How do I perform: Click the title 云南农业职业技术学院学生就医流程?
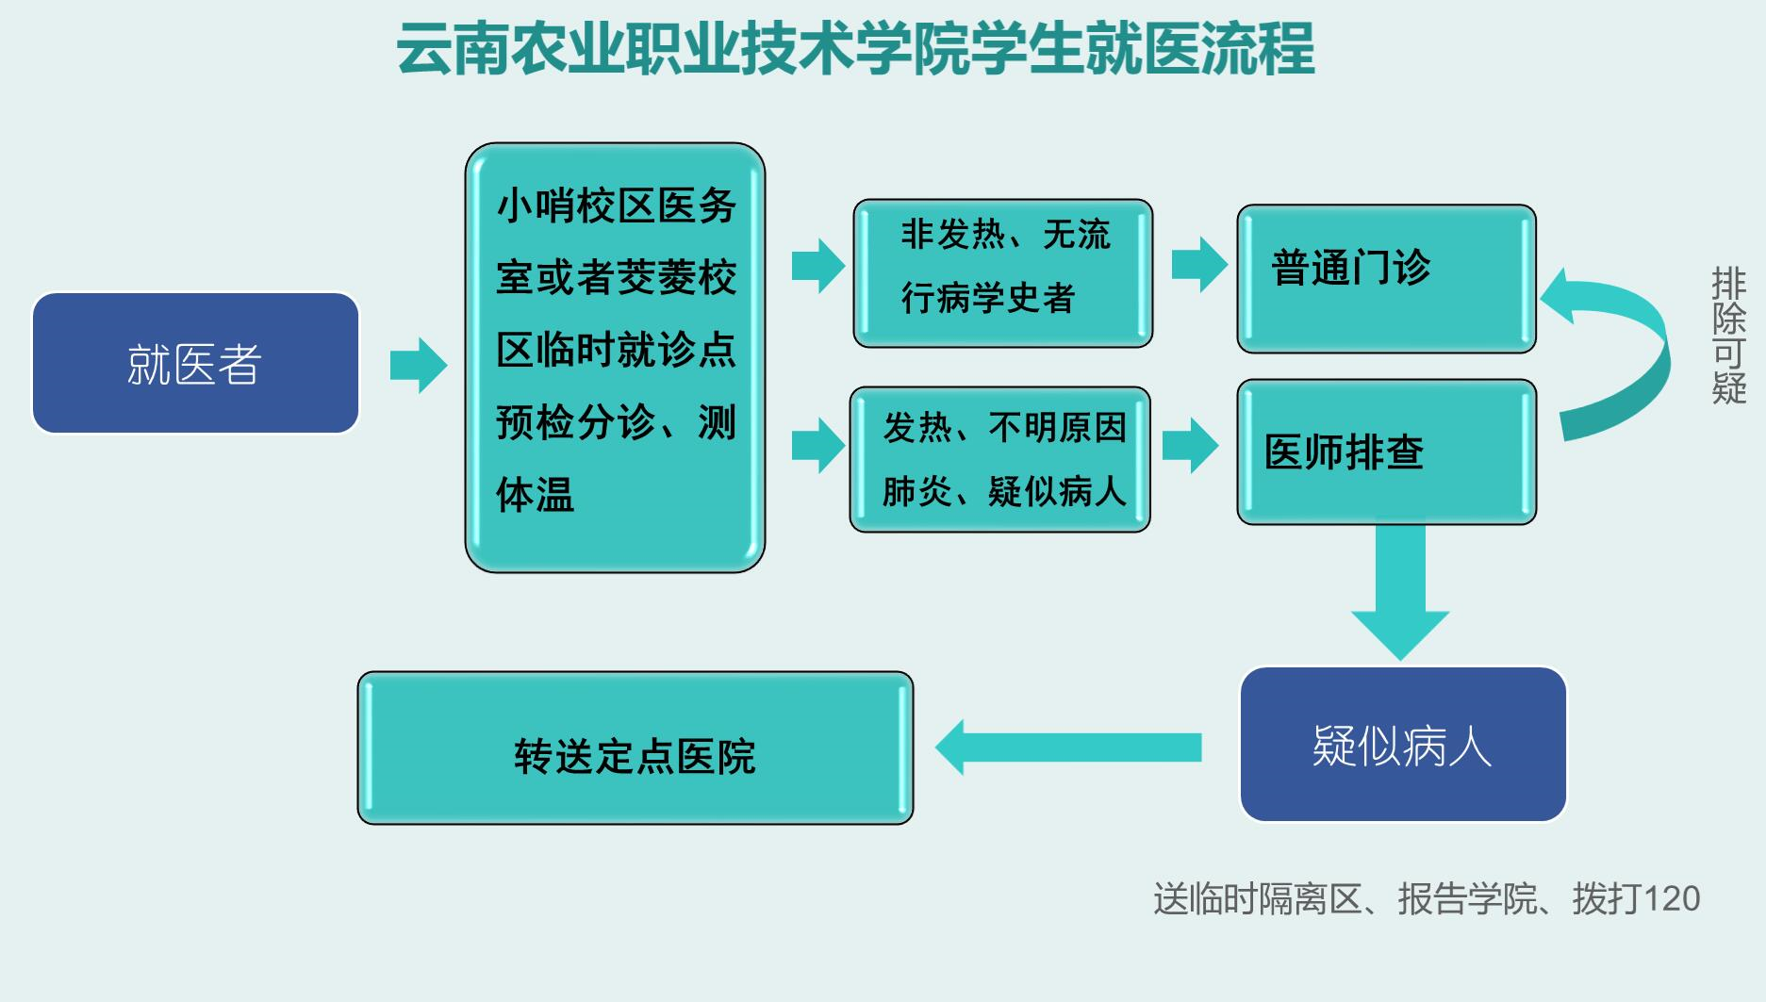(x=855, y=49)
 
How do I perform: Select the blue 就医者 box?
(x=195, y=363)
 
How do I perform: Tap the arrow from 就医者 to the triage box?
(x=419, y=365)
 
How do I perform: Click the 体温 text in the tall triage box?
(x=535, y=495)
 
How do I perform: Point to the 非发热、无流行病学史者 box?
(x=1002, y=272)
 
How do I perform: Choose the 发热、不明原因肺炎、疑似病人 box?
(x=999, y=459)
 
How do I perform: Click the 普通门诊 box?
(x=1386, y=278)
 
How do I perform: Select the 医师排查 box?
(x=1386, y=452)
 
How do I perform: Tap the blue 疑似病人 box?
(x=1402, y=745)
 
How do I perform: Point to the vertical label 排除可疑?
(x=1728, y=336)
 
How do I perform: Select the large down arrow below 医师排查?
(x=1400, y=594)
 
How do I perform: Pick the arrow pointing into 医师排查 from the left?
(x=1190, y=445)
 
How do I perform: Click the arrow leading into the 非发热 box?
(x=817, y=266)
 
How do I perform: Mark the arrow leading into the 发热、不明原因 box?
(x=817, y=445)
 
